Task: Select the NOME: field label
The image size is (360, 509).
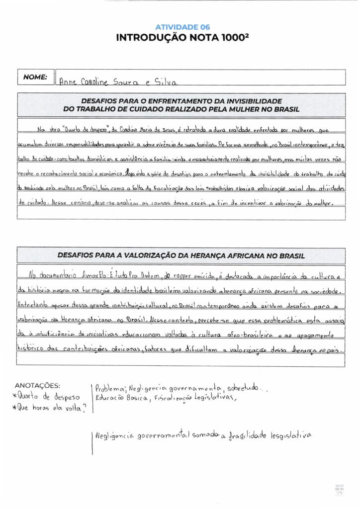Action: [35, 77]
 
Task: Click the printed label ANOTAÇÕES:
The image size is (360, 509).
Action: [38, 385]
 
